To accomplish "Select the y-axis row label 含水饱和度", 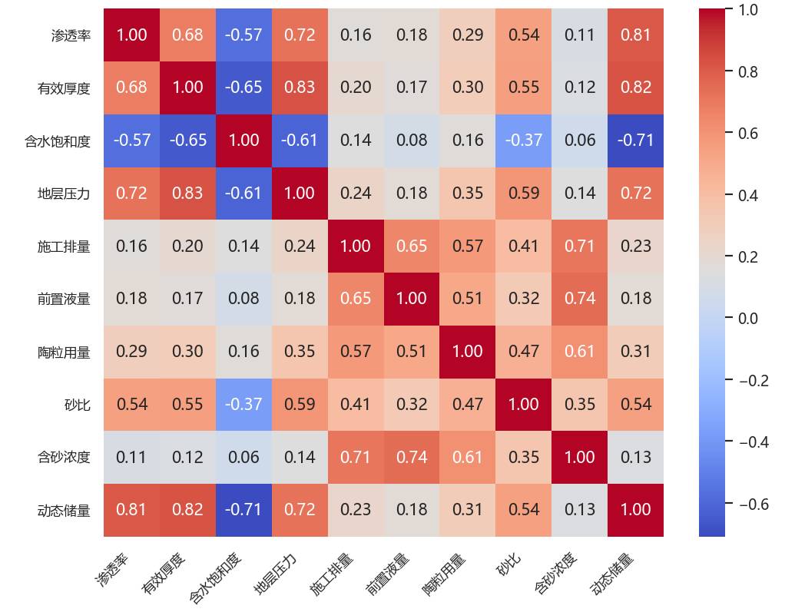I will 58,141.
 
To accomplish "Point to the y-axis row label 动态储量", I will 64,510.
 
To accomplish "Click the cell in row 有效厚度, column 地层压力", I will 300,88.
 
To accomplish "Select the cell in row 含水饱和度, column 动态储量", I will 636,141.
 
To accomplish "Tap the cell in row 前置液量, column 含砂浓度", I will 580,299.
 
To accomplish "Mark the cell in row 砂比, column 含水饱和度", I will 243,404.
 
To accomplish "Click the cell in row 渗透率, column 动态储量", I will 636,35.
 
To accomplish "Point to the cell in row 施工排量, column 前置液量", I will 412,246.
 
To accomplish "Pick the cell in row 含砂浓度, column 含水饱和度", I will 243,457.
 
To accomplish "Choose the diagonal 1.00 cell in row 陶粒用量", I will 468,352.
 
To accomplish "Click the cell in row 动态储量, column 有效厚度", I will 187,509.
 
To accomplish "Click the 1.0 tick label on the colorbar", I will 747,10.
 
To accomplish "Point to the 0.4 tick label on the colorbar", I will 747,195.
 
